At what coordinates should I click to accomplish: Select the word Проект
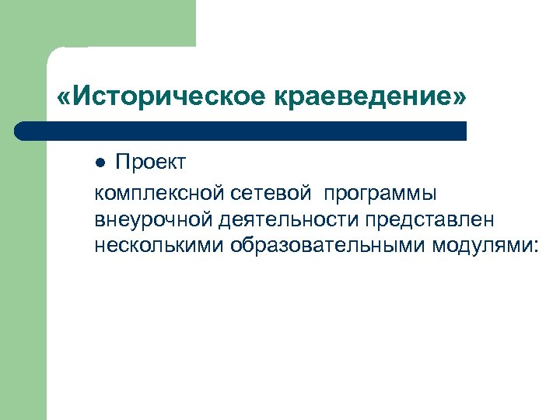(x=151, y=163)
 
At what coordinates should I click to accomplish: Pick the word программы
(x=381, y=192)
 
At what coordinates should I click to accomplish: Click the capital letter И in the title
(x=81, y=98)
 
